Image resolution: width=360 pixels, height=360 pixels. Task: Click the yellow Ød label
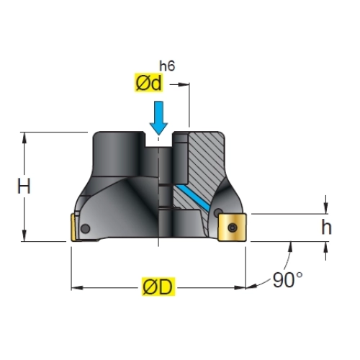click(x=148, y=83)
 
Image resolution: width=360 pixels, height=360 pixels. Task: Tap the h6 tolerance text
click(x=167, y=66)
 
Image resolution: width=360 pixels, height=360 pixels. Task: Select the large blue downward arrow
click(x=158, y=118)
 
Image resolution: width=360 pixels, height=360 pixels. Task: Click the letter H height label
click(x=24, y=186)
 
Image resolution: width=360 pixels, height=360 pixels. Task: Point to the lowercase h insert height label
click(x=326, y=227)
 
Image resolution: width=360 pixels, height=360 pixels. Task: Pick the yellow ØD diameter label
click(x=158, y=287)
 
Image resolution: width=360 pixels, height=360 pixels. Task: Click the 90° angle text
click(x=288, y=280)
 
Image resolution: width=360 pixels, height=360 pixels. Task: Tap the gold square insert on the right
click(x=232, y=227)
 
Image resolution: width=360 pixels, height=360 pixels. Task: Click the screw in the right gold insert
click(x=233, y=228)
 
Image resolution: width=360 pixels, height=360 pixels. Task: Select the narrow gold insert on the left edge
click(x=73, y=228)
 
